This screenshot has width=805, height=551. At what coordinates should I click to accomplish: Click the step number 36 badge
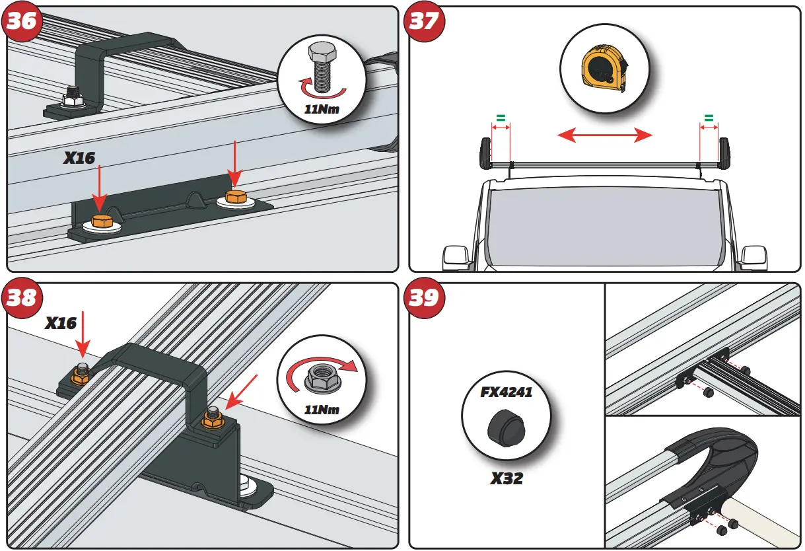point(22,21)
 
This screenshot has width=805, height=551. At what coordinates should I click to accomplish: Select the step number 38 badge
point(22,298)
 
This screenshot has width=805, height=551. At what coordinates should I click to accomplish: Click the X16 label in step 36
point(79,158)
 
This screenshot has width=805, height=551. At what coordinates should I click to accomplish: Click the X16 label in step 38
point(61,323)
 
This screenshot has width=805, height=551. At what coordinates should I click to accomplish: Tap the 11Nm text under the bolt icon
point(322,109)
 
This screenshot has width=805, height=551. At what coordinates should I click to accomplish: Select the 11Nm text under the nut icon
point(322,410)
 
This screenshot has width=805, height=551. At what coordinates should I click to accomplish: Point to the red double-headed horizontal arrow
point(605,135)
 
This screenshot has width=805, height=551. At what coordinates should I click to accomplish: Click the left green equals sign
point(501,118)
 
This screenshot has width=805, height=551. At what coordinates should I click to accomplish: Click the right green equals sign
point(709,118)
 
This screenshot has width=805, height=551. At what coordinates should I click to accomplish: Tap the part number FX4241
point(506,392)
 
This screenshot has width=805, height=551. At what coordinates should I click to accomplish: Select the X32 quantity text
point(506,478)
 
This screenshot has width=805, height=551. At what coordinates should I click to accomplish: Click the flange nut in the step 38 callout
point(322,377)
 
